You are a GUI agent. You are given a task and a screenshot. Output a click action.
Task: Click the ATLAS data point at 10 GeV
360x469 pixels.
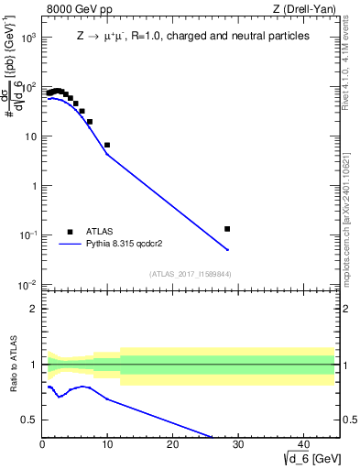tap(107, 145)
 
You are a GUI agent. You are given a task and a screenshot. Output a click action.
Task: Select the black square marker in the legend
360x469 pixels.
tap(70, 232)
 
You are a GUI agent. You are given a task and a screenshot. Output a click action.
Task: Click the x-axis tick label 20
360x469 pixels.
tap(172, 445)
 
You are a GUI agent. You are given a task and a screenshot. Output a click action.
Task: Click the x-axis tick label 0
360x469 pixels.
tap(42, 445)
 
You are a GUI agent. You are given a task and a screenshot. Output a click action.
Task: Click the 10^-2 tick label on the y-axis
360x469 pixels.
tap(28, 285)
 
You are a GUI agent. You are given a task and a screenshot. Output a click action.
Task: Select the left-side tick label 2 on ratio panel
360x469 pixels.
tap(33, 309)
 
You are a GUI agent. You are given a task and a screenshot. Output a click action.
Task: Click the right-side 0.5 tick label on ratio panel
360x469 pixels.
tap(349, 420)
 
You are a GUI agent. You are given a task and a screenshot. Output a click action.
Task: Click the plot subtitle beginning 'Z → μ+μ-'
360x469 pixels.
tap(192, 37)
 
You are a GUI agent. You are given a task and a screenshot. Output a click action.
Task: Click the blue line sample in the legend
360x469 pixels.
tap(70, 245)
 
